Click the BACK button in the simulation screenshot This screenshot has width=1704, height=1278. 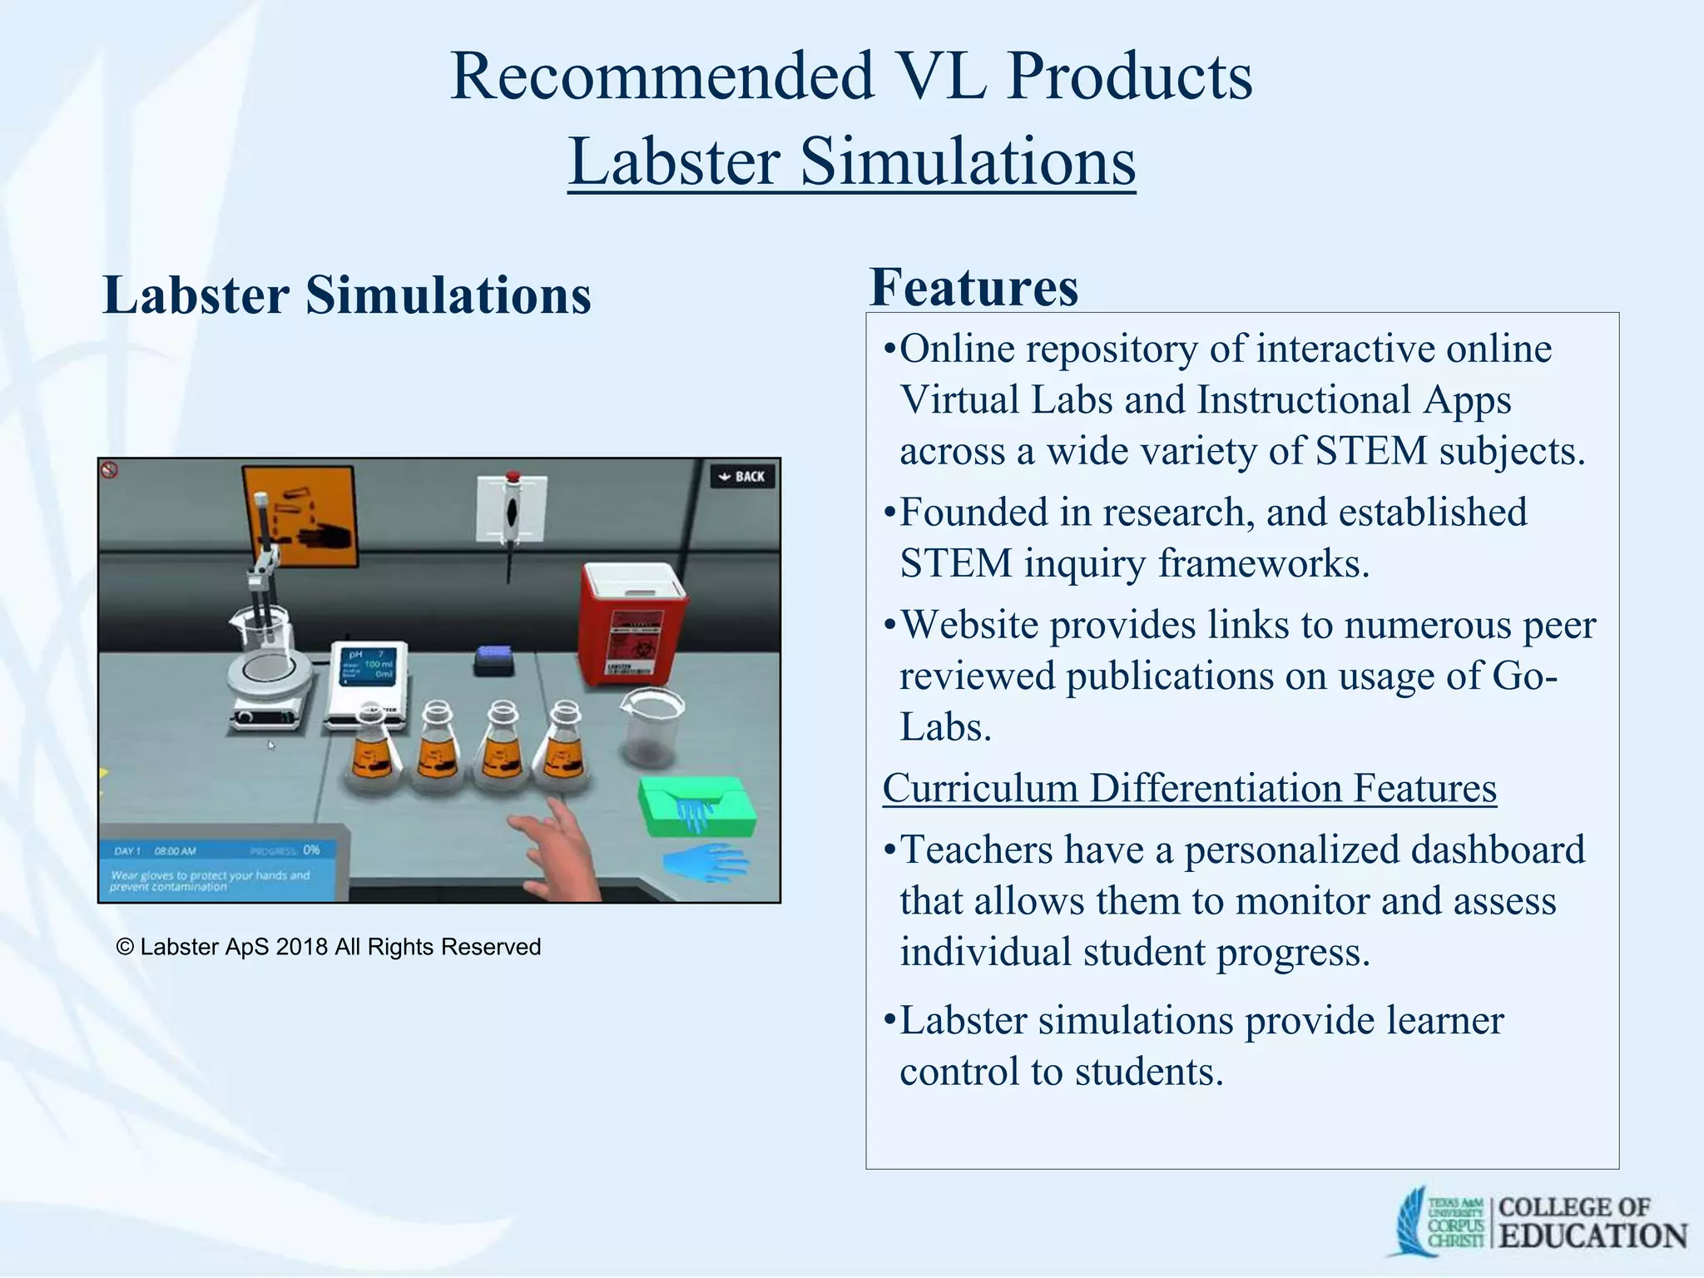(742, 477)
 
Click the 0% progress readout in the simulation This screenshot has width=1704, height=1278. (311, 850)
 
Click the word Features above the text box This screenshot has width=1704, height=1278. (973, 288)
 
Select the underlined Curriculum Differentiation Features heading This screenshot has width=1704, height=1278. (1189, 788)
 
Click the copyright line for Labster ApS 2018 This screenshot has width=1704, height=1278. (329, 947)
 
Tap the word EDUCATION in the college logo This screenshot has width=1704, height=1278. (1593, 1236)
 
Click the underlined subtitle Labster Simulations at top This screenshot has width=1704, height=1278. (851, 161)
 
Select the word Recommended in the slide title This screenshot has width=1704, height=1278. (661, 77)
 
